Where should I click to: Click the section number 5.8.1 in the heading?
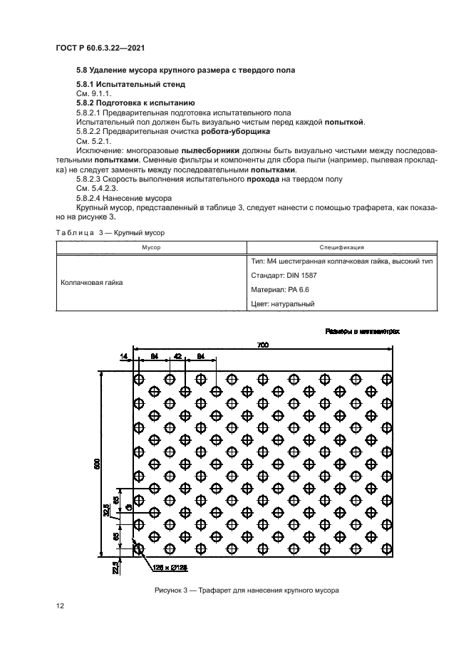[x=88, y=84]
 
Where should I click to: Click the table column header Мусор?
[x=150, y=247]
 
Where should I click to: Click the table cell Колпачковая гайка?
[x=92, y=282]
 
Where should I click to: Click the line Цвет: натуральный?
[x=284, y=304]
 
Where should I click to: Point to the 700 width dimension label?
[x=263, y=345]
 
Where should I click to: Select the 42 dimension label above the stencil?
[x=177, y=356]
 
